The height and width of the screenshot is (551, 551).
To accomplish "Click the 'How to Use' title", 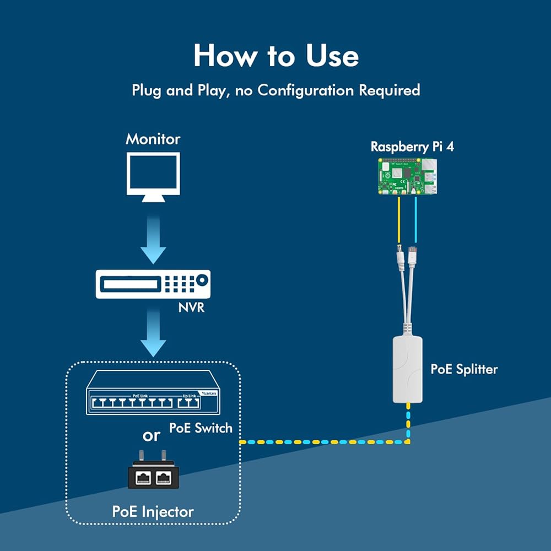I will point(275,56).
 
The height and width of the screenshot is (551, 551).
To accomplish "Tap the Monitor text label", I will point(153,138).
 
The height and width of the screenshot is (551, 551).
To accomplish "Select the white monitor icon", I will point(153,176).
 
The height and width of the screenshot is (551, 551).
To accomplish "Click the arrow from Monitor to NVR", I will point(153,237).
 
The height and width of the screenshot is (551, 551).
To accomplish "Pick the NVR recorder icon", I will point(153,284).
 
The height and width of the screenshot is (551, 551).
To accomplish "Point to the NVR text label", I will point(191,307).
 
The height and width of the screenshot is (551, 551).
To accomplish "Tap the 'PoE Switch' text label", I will point(201,428).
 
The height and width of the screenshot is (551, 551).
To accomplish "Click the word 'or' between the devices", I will point(151,435).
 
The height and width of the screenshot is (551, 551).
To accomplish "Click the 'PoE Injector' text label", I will point(153,511).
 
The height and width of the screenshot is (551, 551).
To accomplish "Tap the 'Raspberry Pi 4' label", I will point(412,147).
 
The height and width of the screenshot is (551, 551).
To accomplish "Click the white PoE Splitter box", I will point(407,370).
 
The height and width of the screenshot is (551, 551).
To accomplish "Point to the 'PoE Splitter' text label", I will point(463,369).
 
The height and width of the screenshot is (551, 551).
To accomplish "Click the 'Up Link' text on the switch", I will point(188,396).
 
